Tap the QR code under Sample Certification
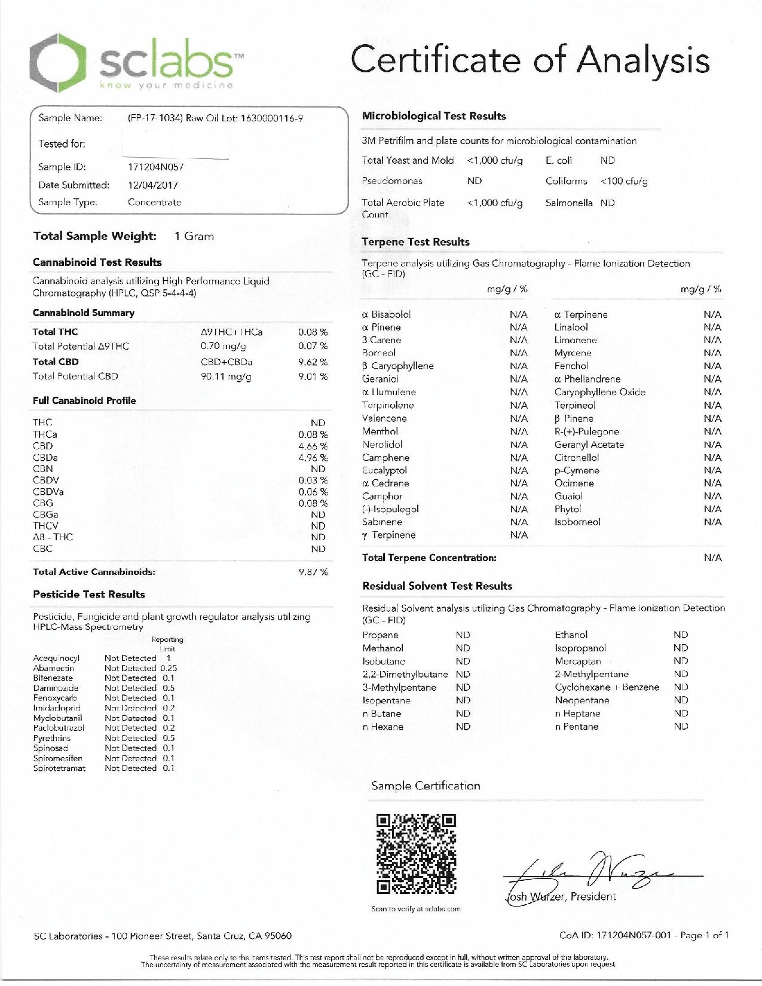coord(416,853)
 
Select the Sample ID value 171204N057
coord(155,167)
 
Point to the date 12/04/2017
coord(153,185)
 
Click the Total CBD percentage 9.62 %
coord(313,362)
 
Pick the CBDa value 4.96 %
coord(313,458)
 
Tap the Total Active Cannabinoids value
coord(313,572)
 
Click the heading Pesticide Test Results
coord(89,595)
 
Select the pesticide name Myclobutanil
coord(57,718)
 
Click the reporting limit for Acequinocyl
coord(169,659)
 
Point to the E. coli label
coord(559,160)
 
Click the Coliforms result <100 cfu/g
coord(624,181)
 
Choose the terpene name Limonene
coord(576,340)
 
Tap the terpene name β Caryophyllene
coord(398,366)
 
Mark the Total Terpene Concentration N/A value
coord(712,558)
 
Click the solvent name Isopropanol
coord(580,648)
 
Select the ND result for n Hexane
coord(463,727)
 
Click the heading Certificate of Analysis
coord(530,61)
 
